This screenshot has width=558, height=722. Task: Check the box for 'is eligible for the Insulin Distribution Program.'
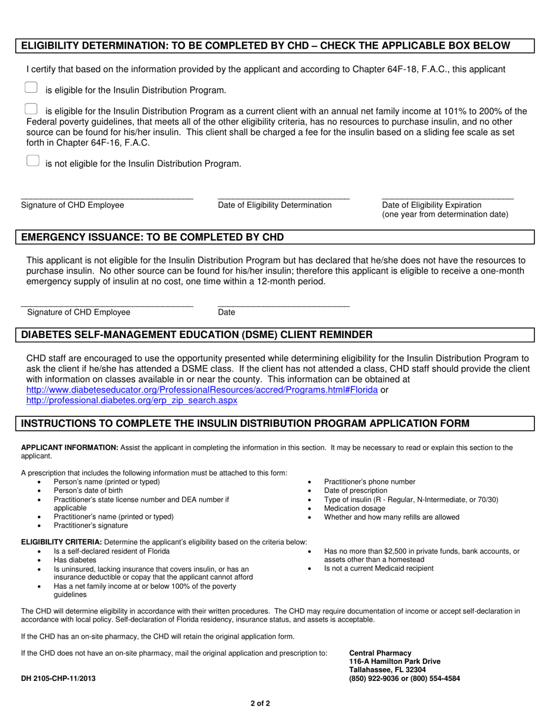point(32,87)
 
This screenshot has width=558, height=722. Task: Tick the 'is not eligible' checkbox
point(33,161)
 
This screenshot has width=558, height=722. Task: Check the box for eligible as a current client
point(32,109)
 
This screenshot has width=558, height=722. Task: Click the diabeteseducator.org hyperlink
point(202,390)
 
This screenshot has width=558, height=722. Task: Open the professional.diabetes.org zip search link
point(132,400)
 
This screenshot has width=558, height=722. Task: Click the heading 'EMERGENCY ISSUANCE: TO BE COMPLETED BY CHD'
point(153,237)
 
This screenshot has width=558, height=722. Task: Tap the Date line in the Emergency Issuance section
point(283,304)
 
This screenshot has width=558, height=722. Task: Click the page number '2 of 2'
point(258,703)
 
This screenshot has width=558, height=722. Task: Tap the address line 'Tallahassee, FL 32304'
point(387,670)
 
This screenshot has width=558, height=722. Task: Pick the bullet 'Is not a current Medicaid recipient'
point(379,568)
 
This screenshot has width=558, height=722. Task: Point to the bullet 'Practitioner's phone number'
point(369,482)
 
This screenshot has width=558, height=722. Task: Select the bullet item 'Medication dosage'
point(355,508)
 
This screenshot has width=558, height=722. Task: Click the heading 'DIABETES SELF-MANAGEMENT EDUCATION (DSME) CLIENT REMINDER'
point(197,335)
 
